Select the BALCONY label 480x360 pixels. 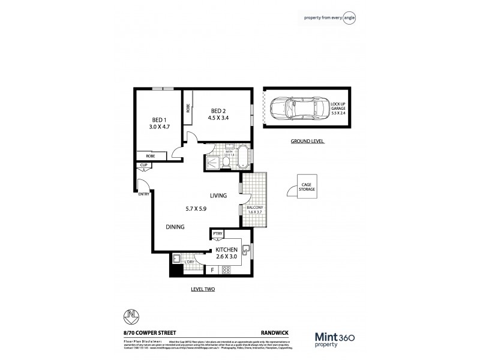pyautogui.click(x=255, y=208)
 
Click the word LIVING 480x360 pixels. pyautogui.click(x=218, y=196)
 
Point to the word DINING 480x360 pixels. pyautogui.click(x=175, y=226)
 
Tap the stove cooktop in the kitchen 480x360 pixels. pyautogui.click(x=227, y=271)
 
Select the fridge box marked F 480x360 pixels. pyautogui.click(x=212, y=271)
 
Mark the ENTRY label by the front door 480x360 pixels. pyautogui.click(x=143, y=194)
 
